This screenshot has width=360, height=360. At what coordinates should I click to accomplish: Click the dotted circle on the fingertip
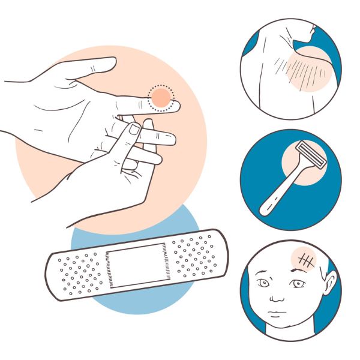pyautogui.click(x=162, y=98)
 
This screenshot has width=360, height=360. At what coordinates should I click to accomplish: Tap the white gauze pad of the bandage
pyautogui.click(x=136, y=265)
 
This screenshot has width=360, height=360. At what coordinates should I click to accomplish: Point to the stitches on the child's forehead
pyautogui.click(x=305, y=259)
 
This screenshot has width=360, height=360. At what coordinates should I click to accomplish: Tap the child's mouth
pyautogui.click(x=275, y=312)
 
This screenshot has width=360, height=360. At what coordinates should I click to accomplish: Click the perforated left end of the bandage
pyautogui.click(x=78, y=273)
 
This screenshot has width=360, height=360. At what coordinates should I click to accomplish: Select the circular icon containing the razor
pyautogui.click(x=291, y=180)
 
